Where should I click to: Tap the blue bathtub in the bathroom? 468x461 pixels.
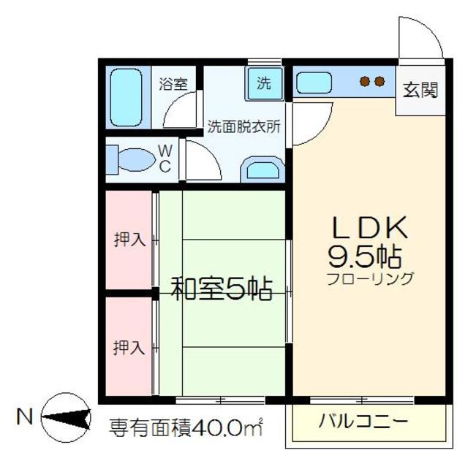(x=127, y=99)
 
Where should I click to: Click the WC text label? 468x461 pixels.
(x=165, y=159)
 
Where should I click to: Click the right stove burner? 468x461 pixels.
(x=380, y=82)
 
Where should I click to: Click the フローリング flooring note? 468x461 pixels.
(x=370, y=278)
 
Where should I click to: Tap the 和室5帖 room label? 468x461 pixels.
(x=222, y=289)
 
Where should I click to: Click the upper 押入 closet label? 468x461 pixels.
(x=129, y=239)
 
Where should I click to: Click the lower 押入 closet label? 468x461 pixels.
(x=129, y=347)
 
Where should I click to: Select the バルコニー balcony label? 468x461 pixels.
(x=363, y=422)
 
